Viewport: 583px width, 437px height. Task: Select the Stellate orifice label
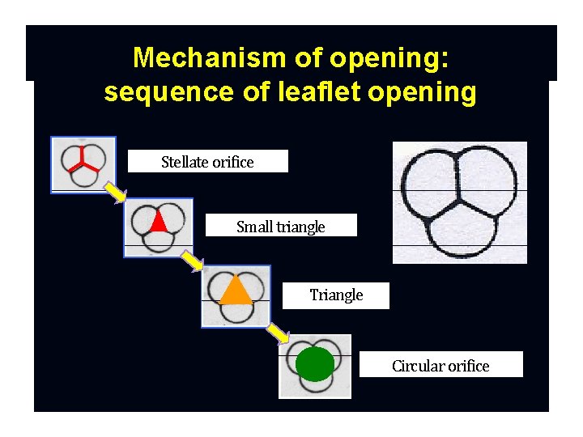[207, 162]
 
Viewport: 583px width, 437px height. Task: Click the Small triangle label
[280, 227]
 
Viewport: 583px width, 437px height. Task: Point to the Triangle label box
[336, 295]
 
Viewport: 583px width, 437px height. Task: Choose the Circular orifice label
[440, 366]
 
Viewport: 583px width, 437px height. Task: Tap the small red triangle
[159, 221]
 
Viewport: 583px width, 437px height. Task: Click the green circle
[315, 363]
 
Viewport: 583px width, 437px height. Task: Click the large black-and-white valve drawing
[459, 202]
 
